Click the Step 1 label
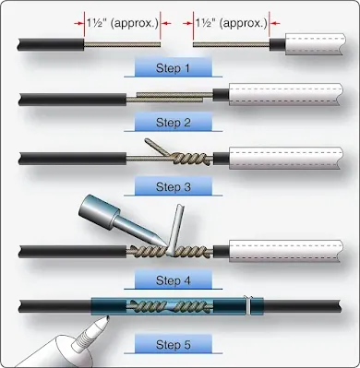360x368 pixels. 173,68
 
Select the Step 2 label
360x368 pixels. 173,123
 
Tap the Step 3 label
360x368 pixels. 173,186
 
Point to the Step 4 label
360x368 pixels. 173,280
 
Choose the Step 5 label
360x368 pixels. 173,345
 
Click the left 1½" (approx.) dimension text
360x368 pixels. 122,23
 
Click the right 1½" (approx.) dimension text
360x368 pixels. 232,23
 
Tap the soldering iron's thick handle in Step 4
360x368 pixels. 98,211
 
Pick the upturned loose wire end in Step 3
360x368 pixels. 153,148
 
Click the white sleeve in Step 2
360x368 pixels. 285,94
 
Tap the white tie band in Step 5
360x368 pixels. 248,305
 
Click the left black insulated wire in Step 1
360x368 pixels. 51,44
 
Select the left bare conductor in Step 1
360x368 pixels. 123,45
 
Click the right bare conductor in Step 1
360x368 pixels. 232,45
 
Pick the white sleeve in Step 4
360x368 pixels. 285,251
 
